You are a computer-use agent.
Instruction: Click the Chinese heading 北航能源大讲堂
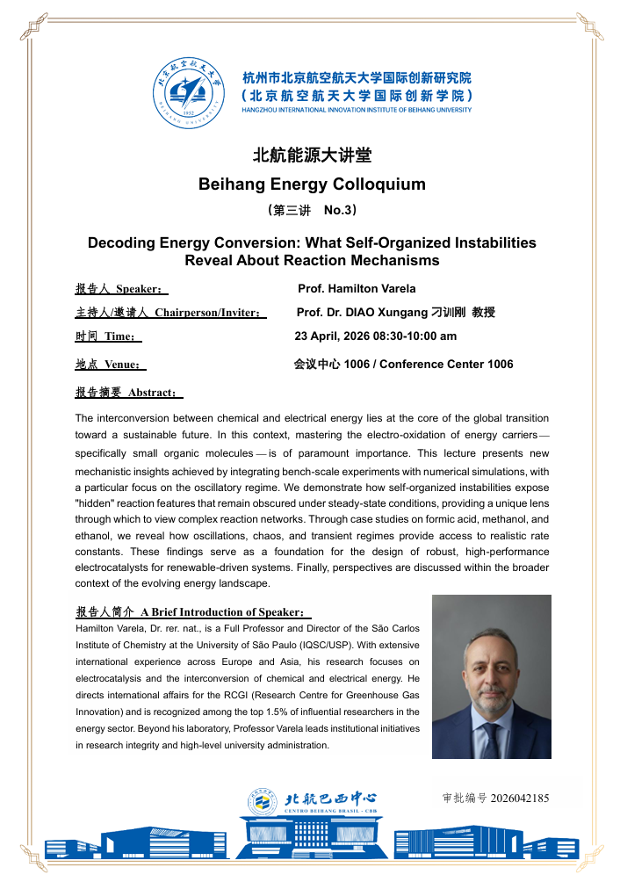point(312,156)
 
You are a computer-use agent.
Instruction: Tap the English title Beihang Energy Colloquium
point(312,184)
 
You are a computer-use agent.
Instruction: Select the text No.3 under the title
point(339,211)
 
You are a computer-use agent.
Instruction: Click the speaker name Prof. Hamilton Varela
point(357,289)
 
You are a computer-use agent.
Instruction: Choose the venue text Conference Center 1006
point(446,364)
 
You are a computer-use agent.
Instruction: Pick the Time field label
point(119,336)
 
